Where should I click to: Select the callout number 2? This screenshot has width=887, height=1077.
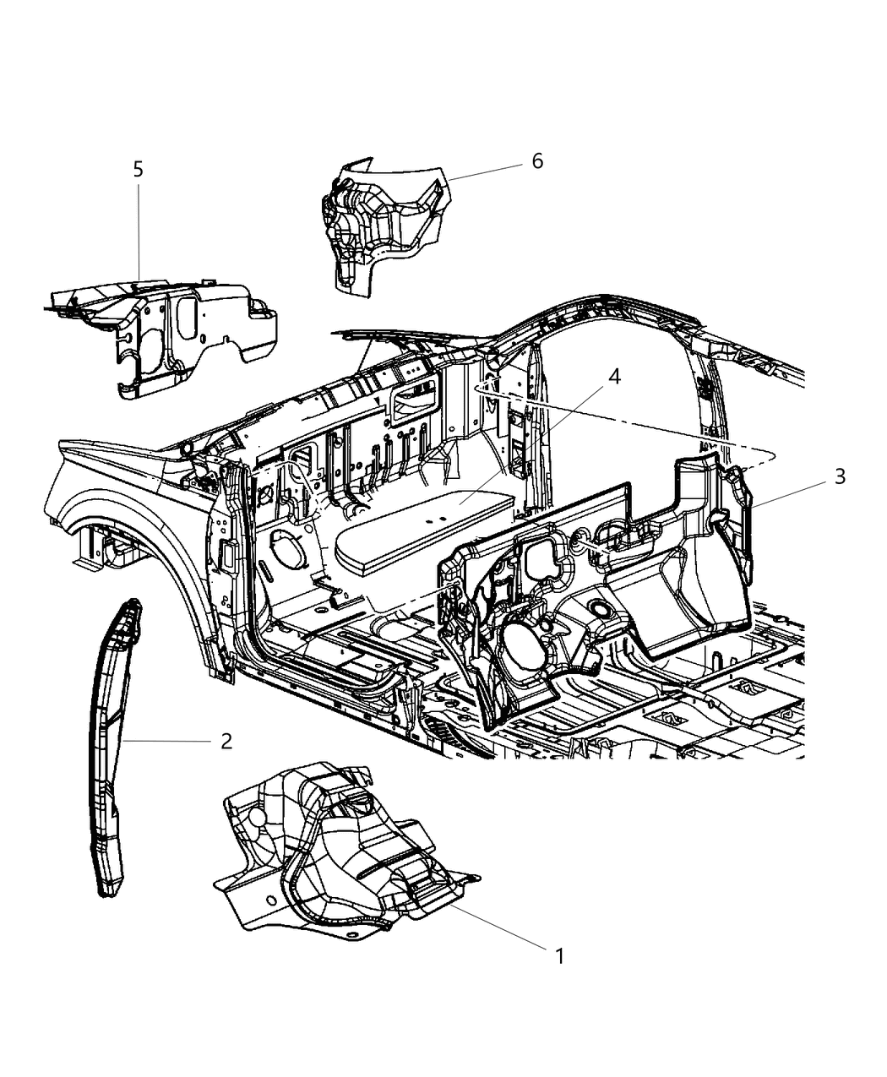tap(226, 741)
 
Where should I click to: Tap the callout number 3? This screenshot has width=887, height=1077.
tap(839, 477)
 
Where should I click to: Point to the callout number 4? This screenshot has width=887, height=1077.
tap(614, 377)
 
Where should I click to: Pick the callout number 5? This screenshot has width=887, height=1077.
tap(138, 169)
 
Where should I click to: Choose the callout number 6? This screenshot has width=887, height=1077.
tap(537, 160)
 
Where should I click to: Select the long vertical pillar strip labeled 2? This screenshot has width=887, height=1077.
tap(110, 743)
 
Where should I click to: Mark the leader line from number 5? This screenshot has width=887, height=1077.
tap(139, 228)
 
